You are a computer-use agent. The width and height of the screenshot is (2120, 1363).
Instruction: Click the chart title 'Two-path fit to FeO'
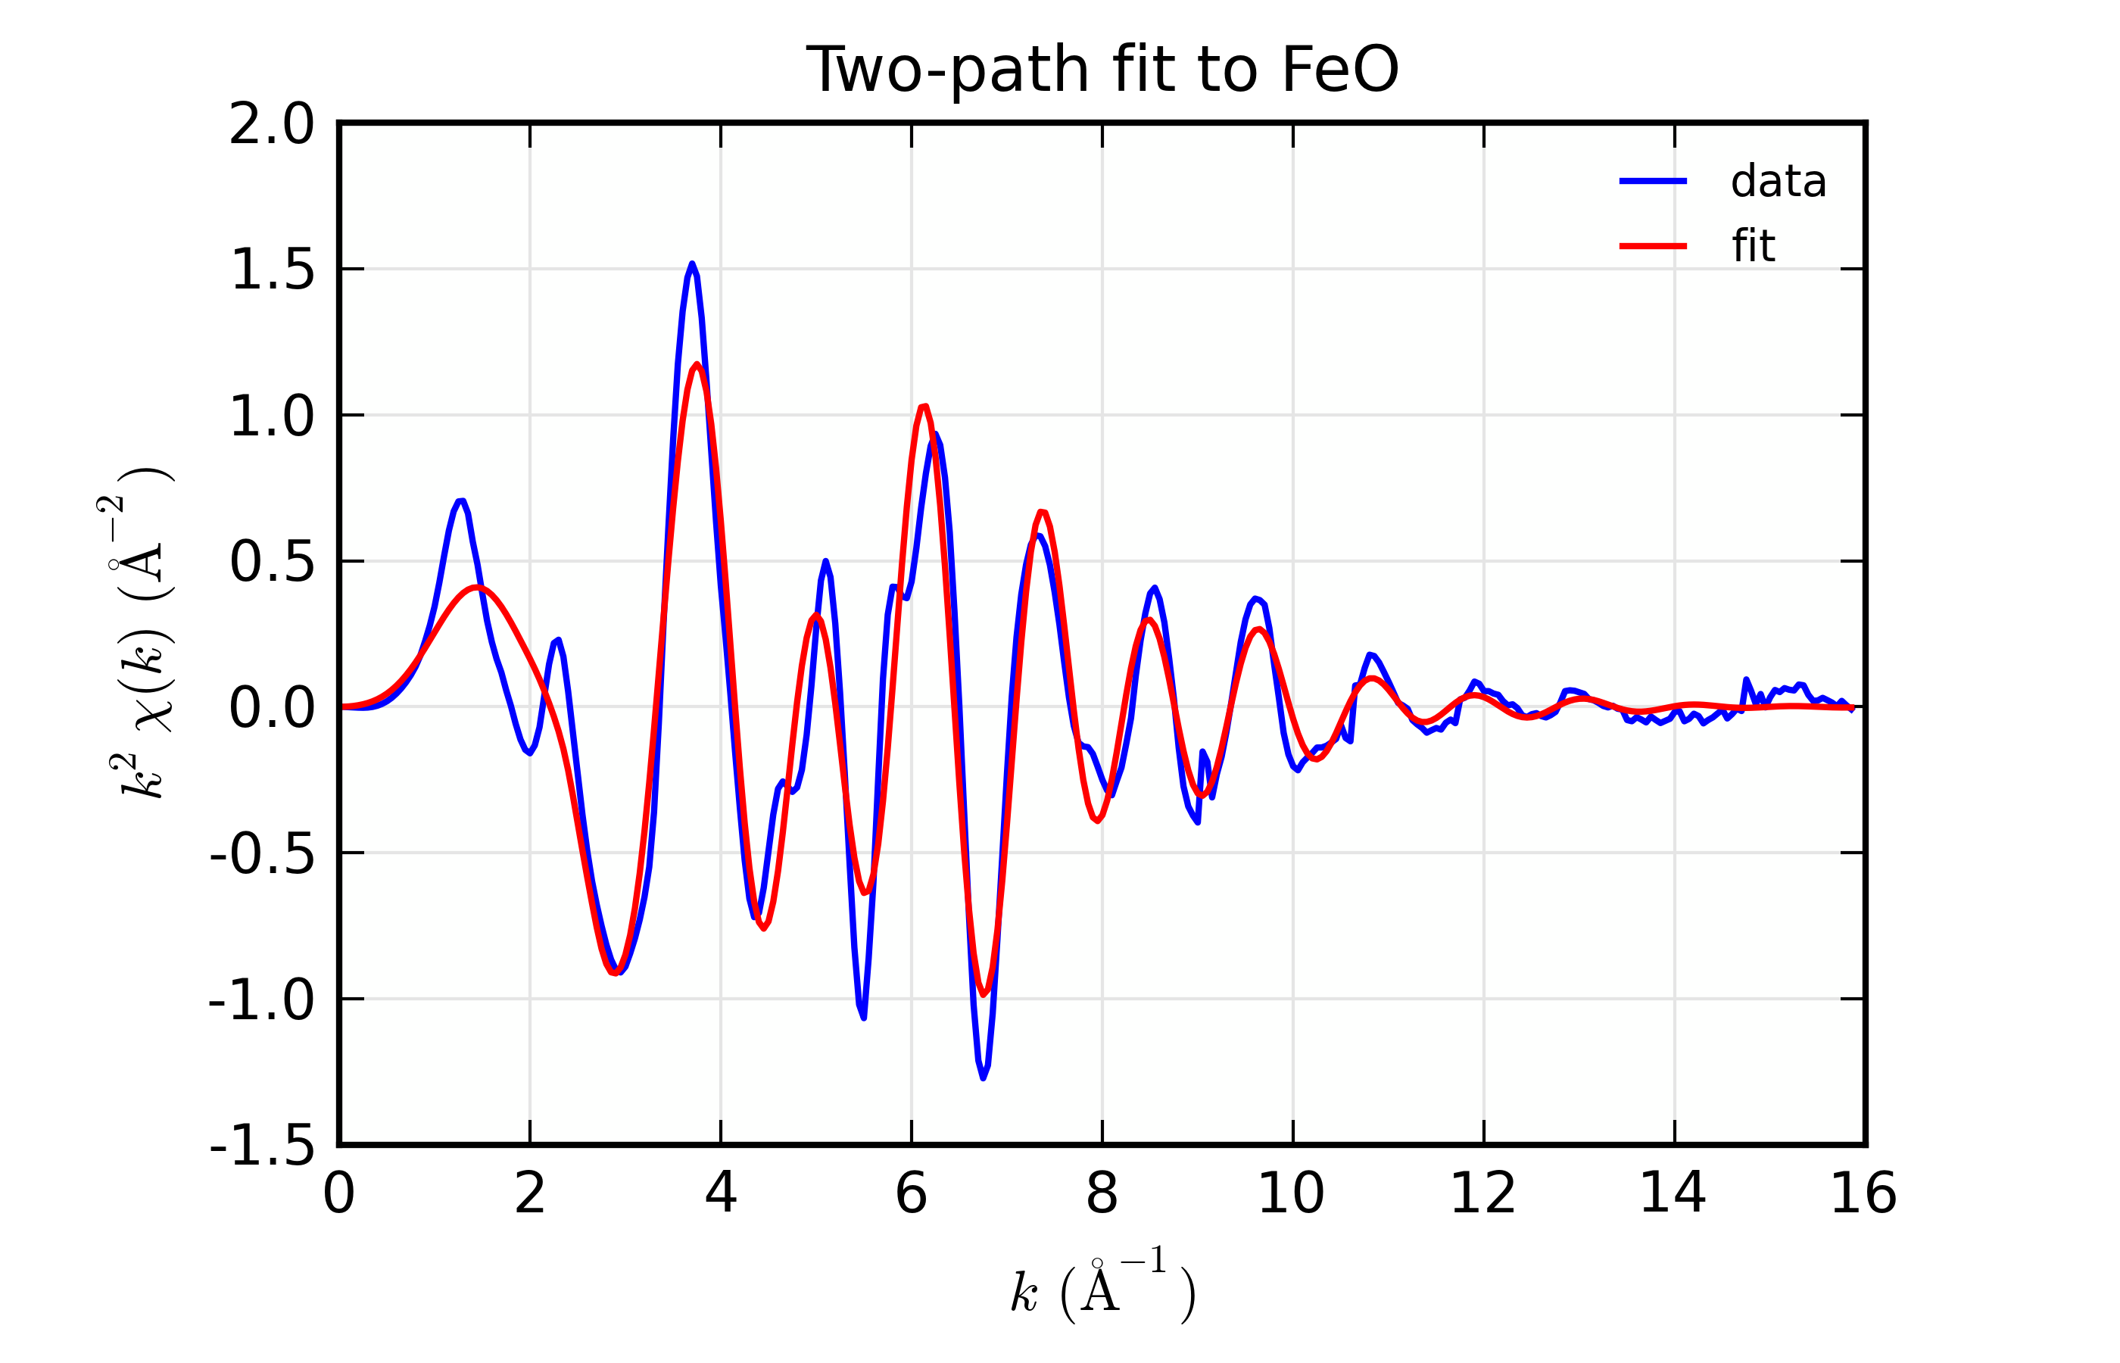coord(1102,69)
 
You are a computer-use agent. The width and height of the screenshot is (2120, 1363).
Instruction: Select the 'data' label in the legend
coord(1778,182)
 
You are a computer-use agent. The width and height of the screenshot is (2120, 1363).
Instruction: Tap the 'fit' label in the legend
coord(1753,246)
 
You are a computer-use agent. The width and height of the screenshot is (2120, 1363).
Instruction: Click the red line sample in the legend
coord(1652,246)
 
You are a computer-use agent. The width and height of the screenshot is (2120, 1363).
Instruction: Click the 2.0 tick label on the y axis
coord(272,124)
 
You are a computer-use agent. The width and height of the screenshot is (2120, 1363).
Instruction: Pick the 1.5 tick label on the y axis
coord(272,269)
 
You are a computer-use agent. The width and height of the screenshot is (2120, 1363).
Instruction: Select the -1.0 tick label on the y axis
coord(262,1000)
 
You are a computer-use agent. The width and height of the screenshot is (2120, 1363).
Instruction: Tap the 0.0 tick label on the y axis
coord(272,708)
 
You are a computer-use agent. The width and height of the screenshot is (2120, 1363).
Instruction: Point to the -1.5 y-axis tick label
coord(262,1147)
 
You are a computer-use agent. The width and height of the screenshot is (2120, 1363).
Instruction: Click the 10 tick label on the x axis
coord(1291,1194)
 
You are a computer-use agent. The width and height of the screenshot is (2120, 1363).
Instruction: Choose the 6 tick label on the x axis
coord(911,1194)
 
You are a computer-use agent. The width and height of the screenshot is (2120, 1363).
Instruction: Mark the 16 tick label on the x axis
coord(1863,1194)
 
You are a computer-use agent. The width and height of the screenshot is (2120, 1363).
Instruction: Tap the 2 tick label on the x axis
coord(529,1194)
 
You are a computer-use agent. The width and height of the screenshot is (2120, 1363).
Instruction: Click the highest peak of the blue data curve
coord(692,264)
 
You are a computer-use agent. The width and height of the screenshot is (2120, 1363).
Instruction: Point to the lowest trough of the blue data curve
coord(983,1078)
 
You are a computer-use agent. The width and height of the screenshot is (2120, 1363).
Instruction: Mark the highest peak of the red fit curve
coord(697,365)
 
